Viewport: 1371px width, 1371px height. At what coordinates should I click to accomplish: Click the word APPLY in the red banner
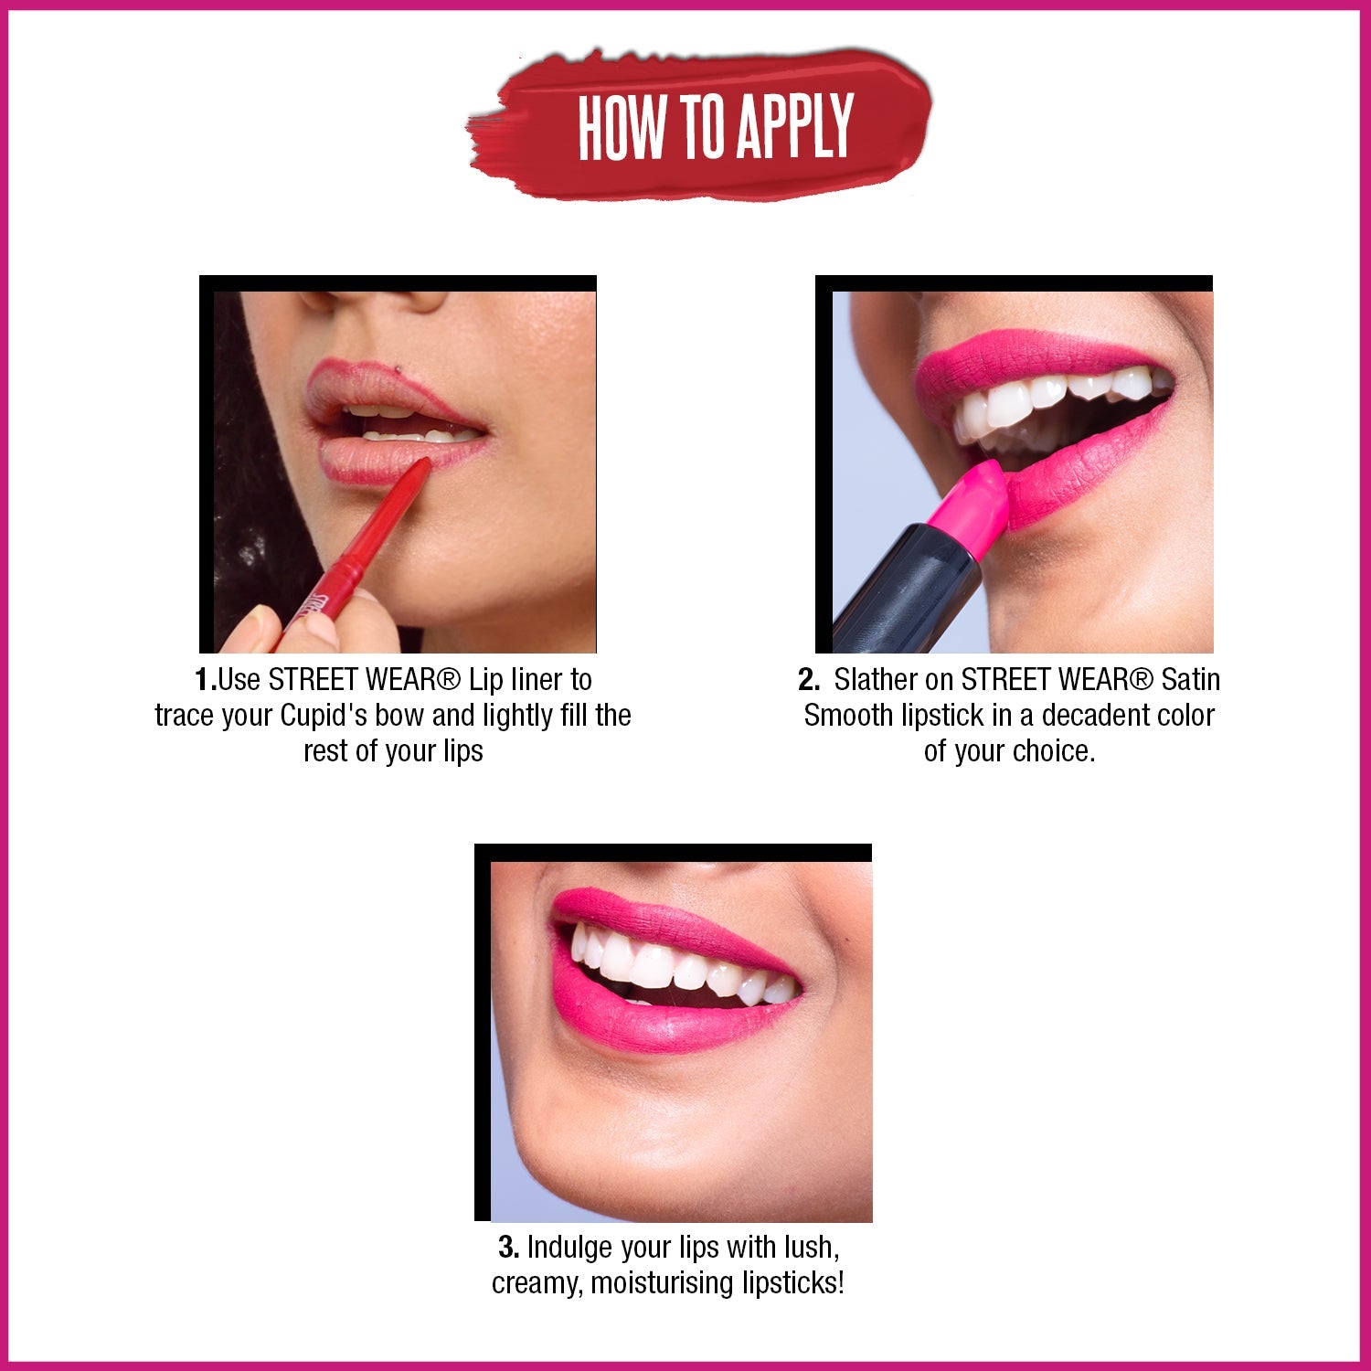tap(795, 126)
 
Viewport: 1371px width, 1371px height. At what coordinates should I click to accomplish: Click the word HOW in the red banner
tap(622, 126)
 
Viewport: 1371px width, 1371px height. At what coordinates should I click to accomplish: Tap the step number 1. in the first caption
tap(206, 680)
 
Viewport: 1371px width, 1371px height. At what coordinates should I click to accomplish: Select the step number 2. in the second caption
tap(809, 680)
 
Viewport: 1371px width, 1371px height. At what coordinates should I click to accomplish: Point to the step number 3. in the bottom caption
tap(509, 1248)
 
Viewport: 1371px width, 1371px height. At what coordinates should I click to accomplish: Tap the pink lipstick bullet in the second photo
tap(969, 507)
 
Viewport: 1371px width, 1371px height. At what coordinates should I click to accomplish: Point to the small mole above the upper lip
tap(400, 369)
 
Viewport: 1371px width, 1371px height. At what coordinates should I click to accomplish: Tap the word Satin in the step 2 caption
tap(1190, 680)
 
